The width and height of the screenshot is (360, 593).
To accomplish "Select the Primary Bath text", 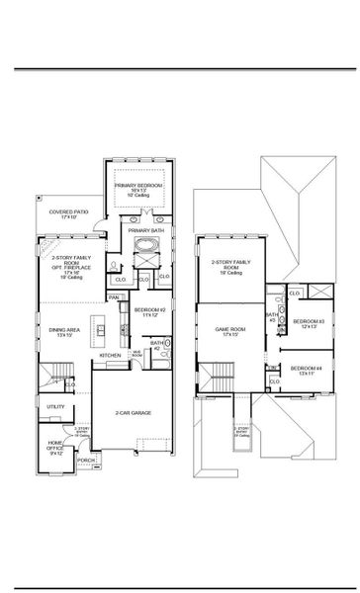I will (141, 229).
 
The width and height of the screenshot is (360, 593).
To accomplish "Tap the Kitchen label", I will (110, 355).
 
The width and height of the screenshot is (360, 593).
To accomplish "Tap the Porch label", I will (86, 460).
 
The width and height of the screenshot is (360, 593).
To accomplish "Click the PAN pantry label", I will (114, 296).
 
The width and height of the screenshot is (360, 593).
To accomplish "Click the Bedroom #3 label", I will (309, 323).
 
